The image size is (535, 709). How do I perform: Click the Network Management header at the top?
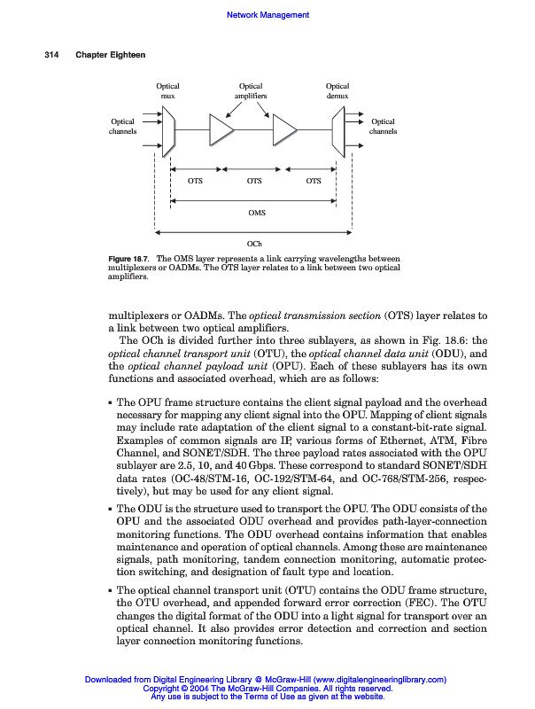click(267, 15)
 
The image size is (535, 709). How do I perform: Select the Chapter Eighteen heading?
click(111, 55)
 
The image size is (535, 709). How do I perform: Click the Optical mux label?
click(168, 90)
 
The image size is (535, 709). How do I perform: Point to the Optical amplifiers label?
click(251, 90)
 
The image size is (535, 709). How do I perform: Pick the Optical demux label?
click(337, 90)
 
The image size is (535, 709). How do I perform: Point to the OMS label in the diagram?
click(256, 214)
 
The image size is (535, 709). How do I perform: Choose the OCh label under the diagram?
click(255, 243)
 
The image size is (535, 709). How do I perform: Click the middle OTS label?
click(255, 181)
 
